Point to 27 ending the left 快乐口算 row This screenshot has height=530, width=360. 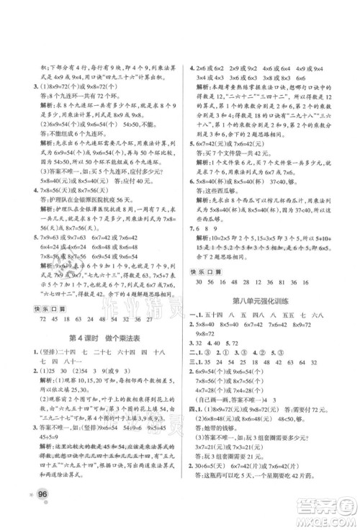coord(148,299)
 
